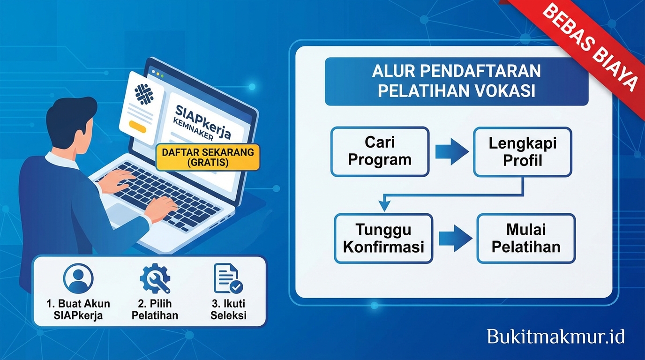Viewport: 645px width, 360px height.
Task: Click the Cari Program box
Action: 380,152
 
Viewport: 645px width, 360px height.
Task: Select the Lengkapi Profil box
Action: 522,152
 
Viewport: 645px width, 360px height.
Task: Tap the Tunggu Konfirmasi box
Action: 383,238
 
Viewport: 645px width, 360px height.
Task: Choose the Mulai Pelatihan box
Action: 525,238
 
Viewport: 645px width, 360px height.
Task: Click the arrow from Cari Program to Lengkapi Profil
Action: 451,152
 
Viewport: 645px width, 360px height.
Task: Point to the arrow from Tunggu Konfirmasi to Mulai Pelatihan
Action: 455,238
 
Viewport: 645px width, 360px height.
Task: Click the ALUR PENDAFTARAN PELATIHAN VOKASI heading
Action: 456,81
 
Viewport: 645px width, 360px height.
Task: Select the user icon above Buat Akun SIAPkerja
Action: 78,278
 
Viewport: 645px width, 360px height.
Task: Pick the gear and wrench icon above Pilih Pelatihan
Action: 155,278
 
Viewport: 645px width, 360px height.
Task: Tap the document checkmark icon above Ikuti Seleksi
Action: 228,278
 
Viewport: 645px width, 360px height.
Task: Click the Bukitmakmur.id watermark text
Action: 555,337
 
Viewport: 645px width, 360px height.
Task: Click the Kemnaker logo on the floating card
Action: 144,94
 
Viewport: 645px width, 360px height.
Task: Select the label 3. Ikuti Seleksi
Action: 228,309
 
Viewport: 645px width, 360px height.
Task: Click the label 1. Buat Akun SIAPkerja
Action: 78,309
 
